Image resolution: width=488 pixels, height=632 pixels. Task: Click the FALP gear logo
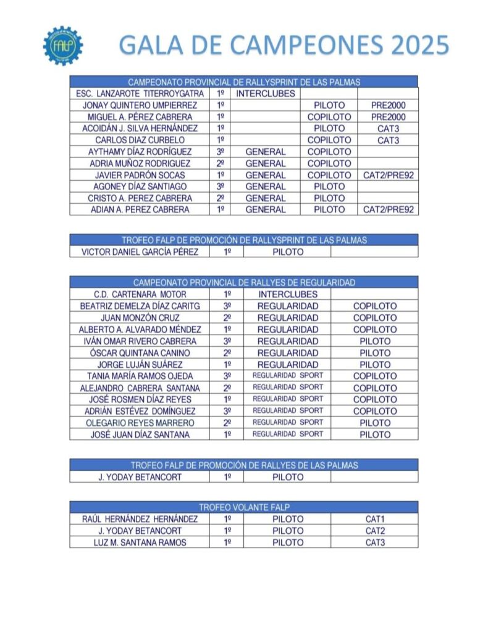click(62, 45)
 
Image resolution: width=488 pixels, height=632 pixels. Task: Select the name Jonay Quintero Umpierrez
click(140, 106)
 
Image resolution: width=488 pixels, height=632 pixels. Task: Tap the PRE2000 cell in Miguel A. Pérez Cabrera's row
click(388, 117)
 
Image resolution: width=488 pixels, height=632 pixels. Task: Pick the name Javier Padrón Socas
click(140, 175)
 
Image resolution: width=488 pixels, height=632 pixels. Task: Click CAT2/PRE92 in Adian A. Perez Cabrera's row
click(388, 210)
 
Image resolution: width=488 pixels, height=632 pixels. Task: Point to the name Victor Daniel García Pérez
click(140, 252)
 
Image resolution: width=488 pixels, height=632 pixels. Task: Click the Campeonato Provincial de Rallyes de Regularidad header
click(244, 283)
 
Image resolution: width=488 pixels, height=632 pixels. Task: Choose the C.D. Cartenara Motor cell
click(140, 294)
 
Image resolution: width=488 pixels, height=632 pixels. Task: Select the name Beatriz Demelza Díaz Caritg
click(140, 306)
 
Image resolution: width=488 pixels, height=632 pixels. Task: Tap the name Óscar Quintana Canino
click(140, 352)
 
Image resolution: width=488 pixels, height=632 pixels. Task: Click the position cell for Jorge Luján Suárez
click(227, 364)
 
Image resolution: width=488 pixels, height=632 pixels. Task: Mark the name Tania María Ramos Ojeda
click(140, 376)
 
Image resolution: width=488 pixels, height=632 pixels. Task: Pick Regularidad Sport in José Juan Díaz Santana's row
click(287, 434)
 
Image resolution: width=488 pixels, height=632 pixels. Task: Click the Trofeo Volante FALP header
click(244, 507)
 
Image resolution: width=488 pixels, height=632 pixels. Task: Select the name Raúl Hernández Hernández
click(140, 519)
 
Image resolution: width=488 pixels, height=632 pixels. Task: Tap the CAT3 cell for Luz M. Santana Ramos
click(375, 543)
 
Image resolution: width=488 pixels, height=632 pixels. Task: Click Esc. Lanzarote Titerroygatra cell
click(140, 94)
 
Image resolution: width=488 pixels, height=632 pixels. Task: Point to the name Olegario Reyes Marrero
click(140, 423)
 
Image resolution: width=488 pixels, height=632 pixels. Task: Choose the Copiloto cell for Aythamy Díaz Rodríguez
click(329, 152)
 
